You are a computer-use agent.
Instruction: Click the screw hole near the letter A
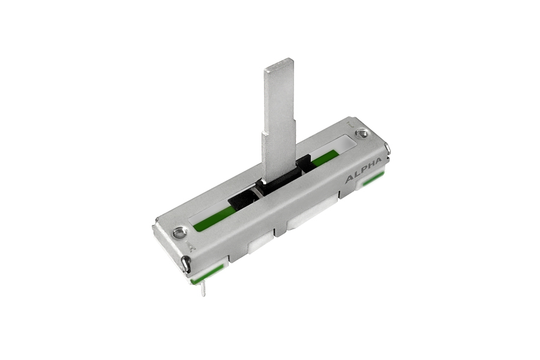pos(179,233)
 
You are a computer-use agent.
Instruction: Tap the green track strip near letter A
pos(212,220)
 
